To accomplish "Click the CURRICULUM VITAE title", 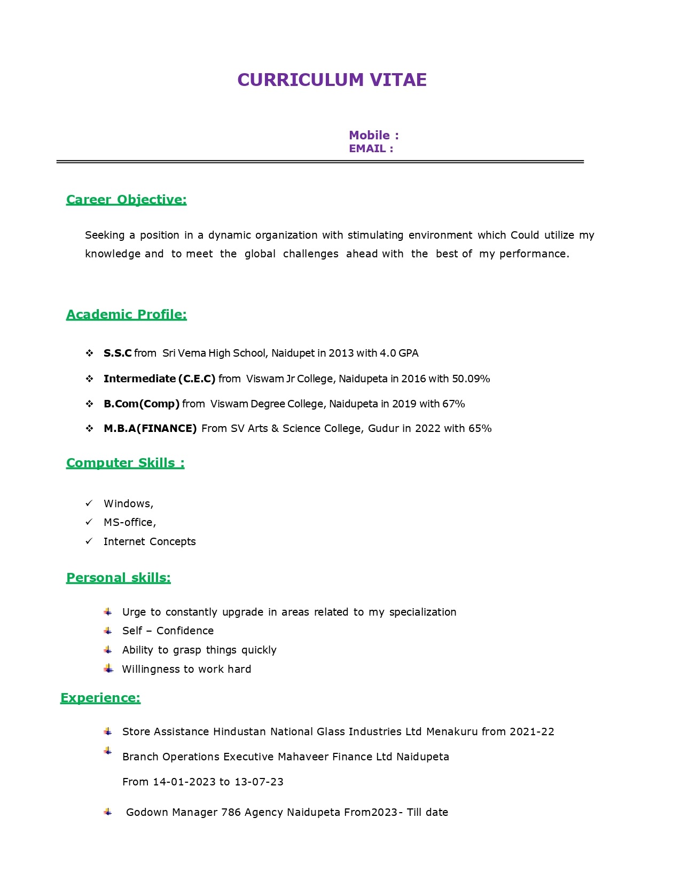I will (332, 80).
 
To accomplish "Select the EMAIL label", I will (371, 149).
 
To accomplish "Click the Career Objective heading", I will (127, 200).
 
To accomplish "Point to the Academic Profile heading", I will (127, 314).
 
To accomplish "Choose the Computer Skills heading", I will (126, 463).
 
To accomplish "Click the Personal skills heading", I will (119, 578).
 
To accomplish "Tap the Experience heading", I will (100, 698).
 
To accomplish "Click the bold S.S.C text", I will (118, 353).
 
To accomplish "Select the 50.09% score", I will (471, 379).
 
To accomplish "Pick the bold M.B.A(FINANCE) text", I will (150, 429).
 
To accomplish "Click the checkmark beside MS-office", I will (89, 522).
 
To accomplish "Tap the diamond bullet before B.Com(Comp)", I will (90, 404).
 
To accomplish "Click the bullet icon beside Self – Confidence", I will (108, 631).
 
